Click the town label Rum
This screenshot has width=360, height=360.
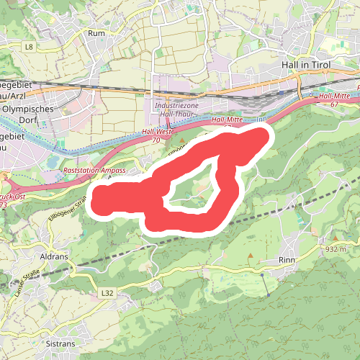96,33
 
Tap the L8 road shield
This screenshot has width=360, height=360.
29,47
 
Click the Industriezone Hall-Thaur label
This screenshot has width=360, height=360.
175,109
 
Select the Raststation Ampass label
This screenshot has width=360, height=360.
94,170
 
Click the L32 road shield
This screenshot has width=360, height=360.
108,293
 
